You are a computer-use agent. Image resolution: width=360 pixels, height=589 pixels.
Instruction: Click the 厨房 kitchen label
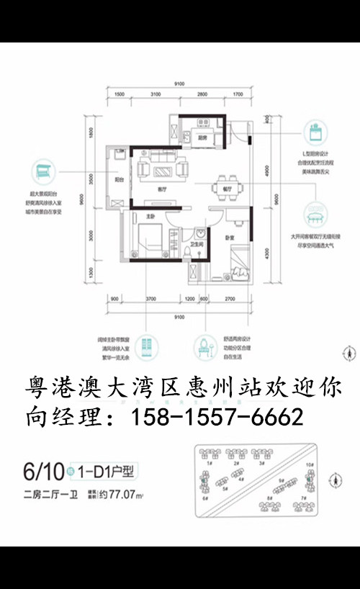[x=203, y=138]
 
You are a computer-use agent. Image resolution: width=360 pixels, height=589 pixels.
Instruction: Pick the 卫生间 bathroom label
[x=195, y=243]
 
